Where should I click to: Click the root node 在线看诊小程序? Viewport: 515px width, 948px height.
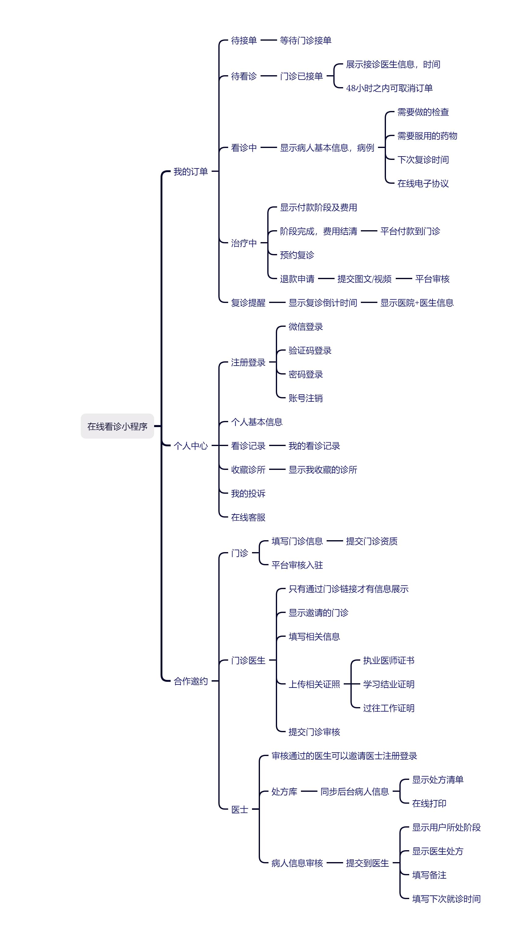[117, 426]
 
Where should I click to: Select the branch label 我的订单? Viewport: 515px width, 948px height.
[191, 172]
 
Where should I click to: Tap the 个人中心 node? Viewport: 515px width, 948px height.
[191, 446]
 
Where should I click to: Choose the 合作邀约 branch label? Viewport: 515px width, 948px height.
[191, 681]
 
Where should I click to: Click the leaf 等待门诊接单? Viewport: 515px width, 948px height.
[306, 40]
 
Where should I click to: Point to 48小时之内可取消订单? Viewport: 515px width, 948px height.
[389, 88]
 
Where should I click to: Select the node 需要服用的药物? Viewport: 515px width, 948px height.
[427, 136]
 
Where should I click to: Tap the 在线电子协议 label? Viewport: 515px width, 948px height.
[423, 183]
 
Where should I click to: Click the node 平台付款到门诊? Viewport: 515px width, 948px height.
[410, 231]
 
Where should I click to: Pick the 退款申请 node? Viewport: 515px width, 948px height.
[297, 279]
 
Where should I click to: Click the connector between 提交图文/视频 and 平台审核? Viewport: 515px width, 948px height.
[403, 278]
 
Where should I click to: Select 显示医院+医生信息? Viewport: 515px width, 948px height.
[417, 303]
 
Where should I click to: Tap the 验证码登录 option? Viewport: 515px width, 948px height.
[310, 350]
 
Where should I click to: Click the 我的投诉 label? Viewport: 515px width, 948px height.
[248, 493]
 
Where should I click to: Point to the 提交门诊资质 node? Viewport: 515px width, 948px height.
[372, 541]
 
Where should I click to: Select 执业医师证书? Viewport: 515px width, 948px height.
[389, 660]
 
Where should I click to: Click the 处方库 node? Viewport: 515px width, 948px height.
[284, 791]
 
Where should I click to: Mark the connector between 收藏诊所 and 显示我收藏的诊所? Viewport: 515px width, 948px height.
[277, 469]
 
